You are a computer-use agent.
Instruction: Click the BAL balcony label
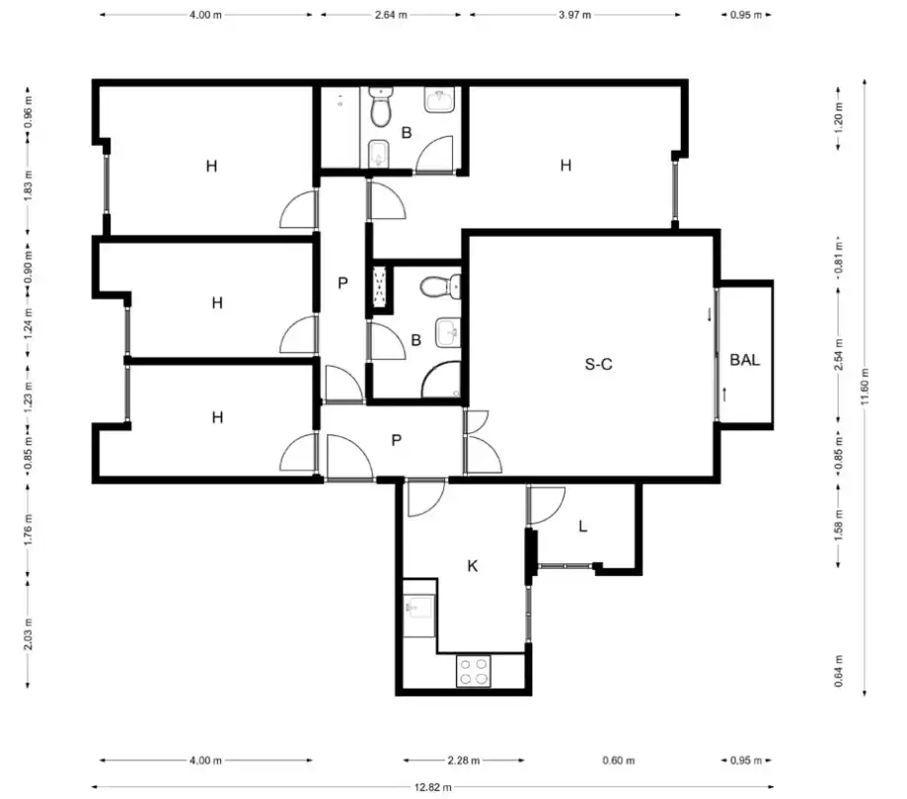pyautogui.click(x=744, y=360)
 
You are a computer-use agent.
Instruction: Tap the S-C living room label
pyautogui.click(x=598, y=364)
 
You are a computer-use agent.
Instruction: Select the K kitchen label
pyautogui.click(x=473, y=566)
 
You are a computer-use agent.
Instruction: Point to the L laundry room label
pyautogui.click(x=583, y=526)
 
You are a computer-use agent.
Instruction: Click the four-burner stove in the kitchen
pyautogui.click(x=473, y=671)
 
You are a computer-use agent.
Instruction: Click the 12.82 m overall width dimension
pyautogui.click(x=432, y=787)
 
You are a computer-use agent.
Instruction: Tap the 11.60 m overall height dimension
pyautogui.click(x=866, y=387)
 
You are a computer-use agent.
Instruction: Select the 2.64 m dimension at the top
pyautogui.click(x=391, y=15)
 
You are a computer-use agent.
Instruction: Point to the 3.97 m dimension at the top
pyautogui.click(x=575, y=15)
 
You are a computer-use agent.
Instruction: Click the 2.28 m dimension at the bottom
pyautogui.click(x=463, y=761)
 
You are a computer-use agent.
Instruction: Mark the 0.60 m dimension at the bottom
pyautogui.click(x=619, y=761)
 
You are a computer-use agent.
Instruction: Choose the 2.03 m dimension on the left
pyautogui.click(x=28, y=633)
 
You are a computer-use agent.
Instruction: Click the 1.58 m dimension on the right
pyautogui.click(x=839, y=525)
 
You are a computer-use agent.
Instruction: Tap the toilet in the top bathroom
pyautogui.click(x=381, y=108)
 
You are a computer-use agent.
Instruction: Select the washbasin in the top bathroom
pyautogui.click(x=439, y=100)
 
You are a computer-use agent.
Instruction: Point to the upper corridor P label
pyautogui.click(x=343, y=283)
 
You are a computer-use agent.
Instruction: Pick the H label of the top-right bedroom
pyautogui.click(x=566, y=166)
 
